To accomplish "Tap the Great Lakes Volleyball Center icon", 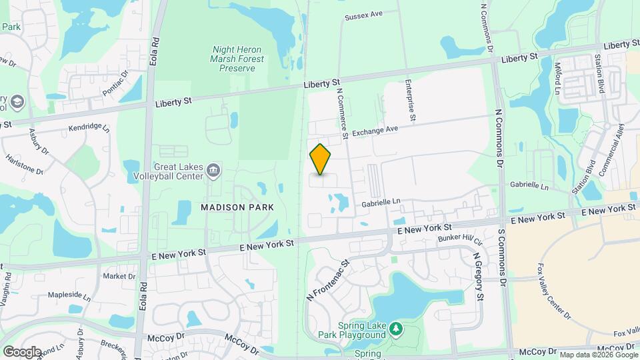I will coord(213,170).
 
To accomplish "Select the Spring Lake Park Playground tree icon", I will coord(396,329).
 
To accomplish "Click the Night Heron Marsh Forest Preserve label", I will coord(237,59).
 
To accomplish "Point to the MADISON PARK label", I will coord(237,207).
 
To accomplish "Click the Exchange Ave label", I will coord(375,131).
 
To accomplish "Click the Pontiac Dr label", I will coord(115,84).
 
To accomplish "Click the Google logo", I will coord(22,352).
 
